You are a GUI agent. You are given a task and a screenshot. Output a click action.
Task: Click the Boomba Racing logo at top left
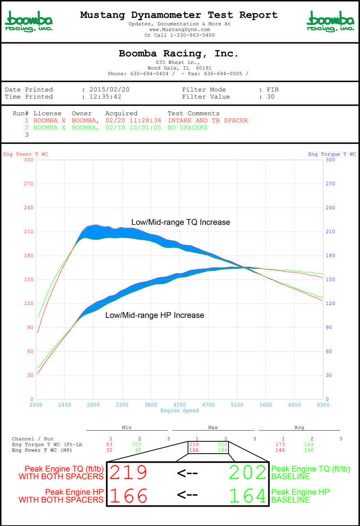point(29,21)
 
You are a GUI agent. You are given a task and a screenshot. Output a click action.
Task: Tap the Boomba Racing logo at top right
point(330,21)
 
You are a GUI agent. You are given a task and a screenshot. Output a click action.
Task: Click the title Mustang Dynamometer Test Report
point(179,15)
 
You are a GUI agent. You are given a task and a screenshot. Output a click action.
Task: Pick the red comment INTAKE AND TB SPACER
point(208,120)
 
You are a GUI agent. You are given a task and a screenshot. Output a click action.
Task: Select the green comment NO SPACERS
point(187,127)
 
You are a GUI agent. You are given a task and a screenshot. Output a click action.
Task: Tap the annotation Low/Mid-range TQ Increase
point(181,222)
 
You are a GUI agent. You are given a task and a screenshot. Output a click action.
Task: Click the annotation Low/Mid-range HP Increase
point(155,315)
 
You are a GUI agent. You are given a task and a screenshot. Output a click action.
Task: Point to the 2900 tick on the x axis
point(93,405)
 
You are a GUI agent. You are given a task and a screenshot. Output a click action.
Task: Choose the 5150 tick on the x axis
point(237,405)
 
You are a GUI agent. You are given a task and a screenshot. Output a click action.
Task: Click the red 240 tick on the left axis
point(28,208)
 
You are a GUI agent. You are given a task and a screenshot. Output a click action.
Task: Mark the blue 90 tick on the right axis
point(330,328)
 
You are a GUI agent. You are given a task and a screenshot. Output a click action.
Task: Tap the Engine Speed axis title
point(180,411)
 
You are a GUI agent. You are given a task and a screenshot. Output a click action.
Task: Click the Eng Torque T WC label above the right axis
point(332,154)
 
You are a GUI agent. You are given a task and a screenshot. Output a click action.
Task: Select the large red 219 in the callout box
point(129,473)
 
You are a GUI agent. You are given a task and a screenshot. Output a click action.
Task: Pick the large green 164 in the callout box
point(247,496)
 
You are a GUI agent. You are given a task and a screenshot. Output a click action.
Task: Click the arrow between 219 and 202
point(187,473)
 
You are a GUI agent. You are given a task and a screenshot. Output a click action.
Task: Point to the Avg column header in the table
point(299,427)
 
